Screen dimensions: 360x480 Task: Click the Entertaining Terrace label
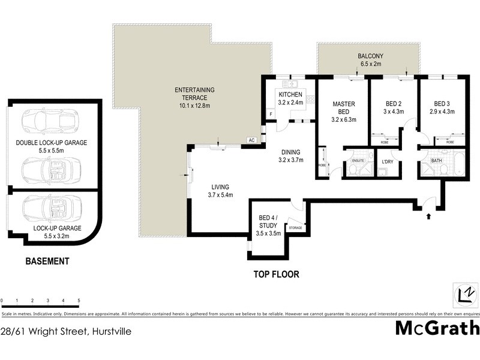(x=194, y=97)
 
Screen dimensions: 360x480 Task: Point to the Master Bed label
(x=344, y=111)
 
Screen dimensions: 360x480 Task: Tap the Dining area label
(x=291, y=156)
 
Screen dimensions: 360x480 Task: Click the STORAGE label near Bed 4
(x=295, y=228)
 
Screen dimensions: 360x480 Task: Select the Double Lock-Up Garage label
(x=51, y=146)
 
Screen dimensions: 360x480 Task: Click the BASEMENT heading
(x=47, y=261)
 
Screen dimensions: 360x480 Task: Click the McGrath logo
(x=437, y=328)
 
